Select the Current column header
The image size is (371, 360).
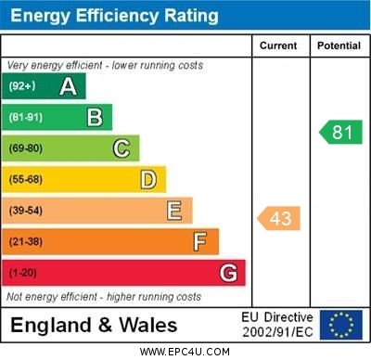(x=278, y=45)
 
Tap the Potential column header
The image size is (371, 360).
(x=339, y=45)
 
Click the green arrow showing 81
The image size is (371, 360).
(x=340, y=132)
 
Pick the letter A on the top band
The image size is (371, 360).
(x=68, y=86)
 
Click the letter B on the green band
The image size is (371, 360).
(x=95, y=117)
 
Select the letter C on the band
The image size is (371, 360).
(x=122, y=148)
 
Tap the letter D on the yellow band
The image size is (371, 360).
(x=147, y=179)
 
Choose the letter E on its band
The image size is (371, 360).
(x=174, y=211)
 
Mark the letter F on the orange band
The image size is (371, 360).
(x=199, y=242)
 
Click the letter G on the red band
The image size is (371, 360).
(x=227, y=273)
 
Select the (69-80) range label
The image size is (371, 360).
(x=26, y=148)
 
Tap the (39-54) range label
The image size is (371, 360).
(x=26, y=211)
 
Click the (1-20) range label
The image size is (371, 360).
(x=23, y=273)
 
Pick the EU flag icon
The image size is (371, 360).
(x=340, y=325)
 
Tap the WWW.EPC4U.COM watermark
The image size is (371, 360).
(x=185, y=352)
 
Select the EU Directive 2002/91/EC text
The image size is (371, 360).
(x=278, y=325)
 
